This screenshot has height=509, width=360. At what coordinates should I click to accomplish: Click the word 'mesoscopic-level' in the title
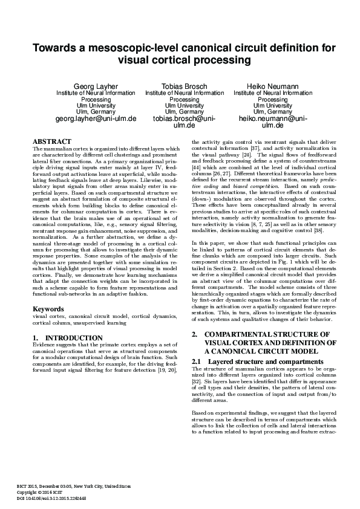(x=132, y=48)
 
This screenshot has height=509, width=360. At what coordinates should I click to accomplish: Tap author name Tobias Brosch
(x=184, y=86)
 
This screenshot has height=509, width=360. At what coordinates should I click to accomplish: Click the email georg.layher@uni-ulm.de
(x=96, y=119)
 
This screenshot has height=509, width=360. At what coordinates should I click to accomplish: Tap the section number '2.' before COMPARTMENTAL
(x=195, y=334)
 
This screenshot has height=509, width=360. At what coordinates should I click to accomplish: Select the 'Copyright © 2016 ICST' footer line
(x=44, y=492)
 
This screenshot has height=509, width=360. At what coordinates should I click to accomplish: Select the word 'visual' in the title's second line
(x=149, y=60)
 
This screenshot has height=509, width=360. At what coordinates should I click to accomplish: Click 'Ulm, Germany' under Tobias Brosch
(x=184, y=112)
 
